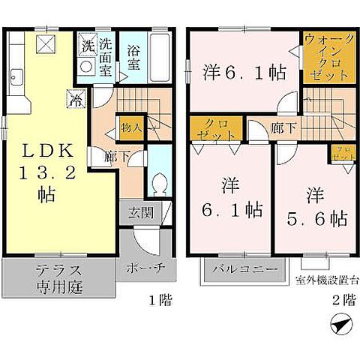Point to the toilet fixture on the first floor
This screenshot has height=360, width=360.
pos(158,183)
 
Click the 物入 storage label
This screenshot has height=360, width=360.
pos(132,128)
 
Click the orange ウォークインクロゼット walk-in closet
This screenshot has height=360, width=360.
pos(326,58)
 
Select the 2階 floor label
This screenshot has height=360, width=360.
pos(343,301)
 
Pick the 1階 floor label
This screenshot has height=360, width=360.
pos(160,301)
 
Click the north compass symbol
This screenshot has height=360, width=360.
pos(338,327)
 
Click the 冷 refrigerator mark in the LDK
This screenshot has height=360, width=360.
pos(76,97)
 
